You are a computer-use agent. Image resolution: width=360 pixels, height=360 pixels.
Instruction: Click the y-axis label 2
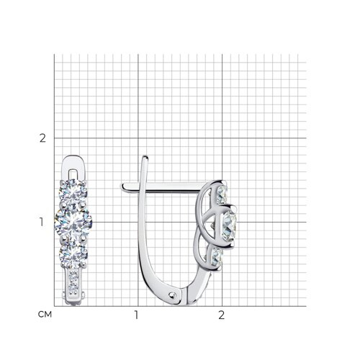click(x=42, y=138)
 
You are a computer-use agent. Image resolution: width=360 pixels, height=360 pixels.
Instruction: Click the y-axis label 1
click(x=42, y=222)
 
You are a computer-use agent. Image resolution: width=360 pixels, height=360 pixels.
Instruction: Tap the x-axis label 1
click(x=136, y=315)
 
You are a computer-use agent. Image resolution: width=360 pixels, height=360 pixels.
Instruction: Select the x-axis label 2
click(x=222, y=315)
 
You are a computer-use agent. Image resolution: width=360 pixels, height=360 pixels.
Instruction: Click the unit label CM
click(x=45, y=315)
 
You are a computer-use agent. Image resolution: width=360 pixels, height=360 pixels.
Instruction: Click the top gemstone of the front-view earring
click(x=73, y=193)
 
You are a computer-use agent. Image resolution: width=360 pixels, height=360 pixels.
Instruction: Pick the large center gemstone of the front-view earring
click(x=73, y=223)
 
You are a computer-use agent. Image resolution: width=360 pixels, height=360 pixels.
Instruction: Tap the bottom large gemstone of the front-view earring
click(x=73, y=255)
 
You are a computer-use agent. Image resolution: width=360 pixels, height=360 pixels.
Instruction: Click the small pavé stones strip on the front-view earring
click(x=73, y=282)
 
